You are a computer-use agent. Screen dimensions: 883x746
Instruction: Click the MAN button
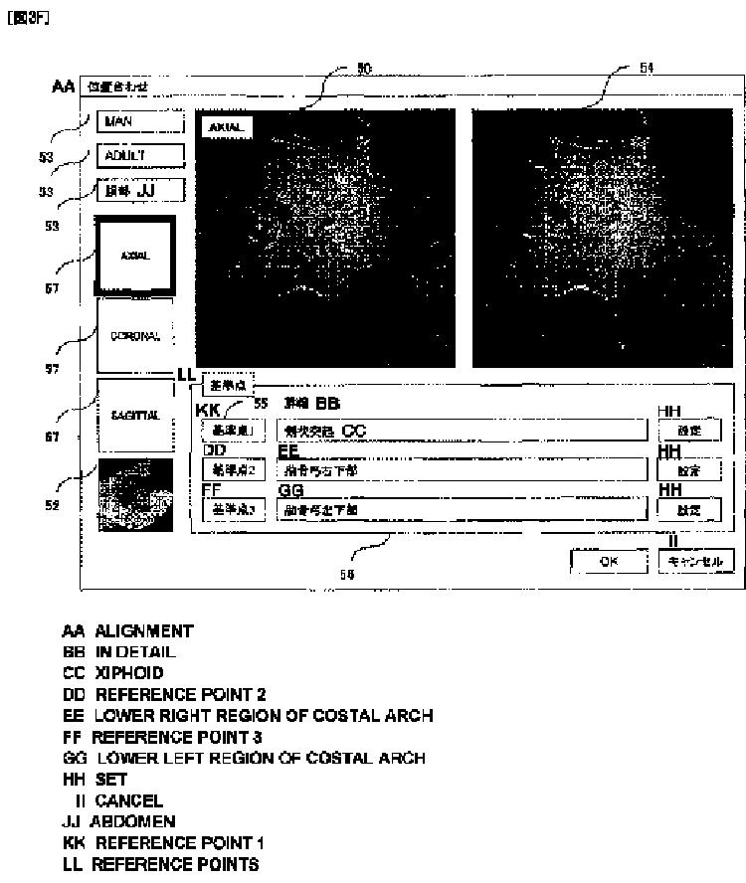click(x=139, y=122)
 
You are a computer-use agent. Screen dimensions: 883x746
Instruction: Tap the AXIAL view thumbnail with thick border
click(x=135, y=256)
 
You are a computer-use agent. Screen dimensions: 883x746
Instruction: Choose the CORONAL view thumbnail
click(x=135, y=335)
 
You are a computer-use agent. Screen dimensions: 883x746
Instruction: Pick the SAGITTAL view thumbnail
click(x=135, y=416)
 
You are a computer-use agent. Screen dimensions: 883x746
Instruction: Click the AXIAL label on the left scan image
click(x=227, y=127)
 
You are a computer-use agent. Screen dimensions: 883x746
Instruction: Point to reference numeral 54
click(x=647, y=68)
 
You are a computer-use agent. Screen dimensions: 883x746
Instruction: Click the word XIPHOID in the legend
click(x=129, y=673)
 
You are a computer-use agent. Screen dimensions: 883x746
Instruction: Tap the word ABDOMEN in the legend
click(x=132, y=821)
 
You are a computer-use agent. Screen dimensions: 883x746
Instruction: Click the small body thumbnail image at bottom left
click(x=135, y=494)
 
